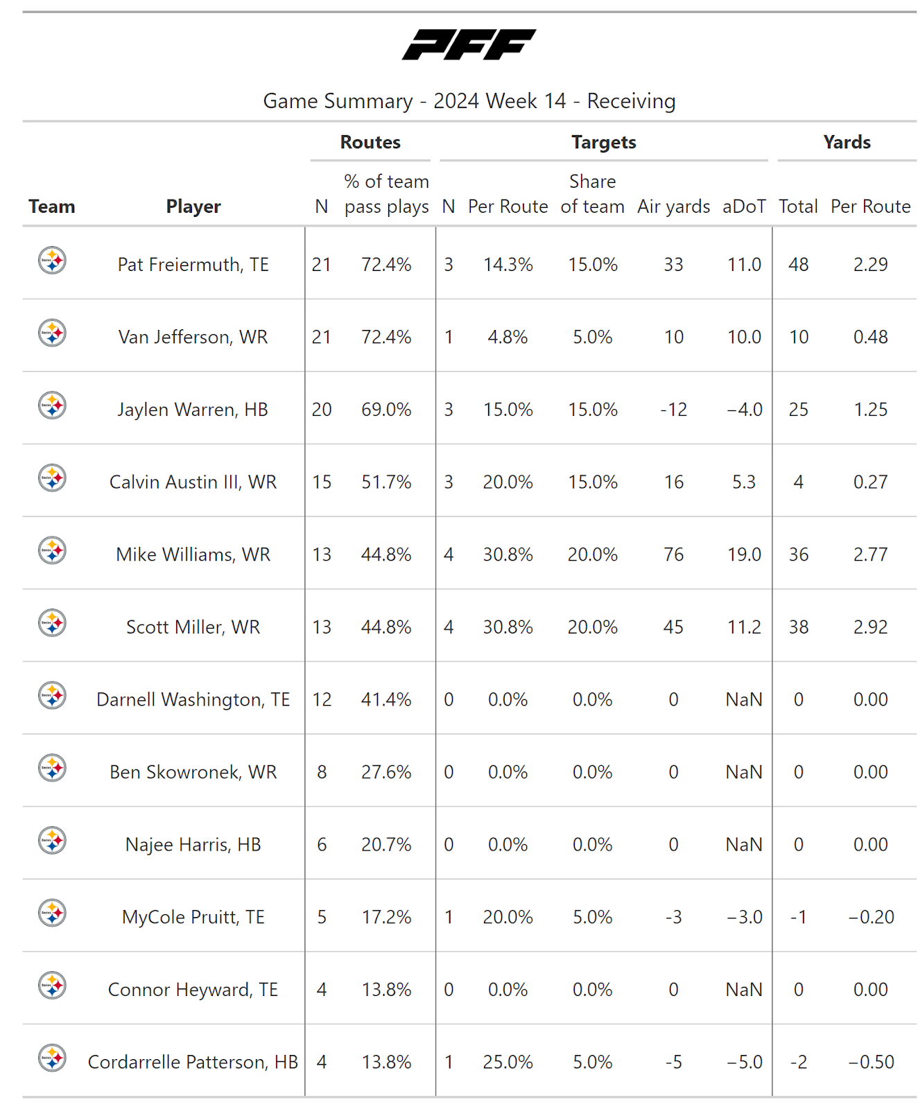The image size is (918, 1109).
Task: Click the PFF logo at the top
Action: point(469,44)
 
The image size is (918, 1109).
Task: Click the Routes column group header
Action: point(370,142)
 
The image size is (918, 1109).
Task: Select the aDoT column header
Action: point(744,207)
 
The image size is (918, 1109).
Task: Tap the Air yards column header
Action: point(673,207)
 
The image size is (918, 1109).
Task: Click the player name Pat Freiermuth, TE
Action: point(193,265)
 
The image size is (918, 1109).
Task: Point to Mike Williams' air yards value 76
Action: point(673,554)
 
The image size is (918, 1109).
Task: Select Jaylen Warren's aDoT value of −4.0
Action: point(744,410)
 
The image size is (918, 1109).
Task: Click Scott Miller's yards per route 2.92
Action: point(870,627)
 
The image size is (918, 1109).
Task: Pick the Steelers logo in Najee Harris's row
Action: point(52,841)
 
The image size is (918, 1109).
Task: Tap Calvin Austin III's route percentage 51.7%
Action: point(386,482)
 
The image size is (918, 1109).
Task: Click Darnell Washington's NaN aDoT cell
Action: point(744,700)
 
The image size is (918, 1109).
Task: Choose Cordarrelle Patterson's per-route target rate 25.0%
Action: point(508,1062)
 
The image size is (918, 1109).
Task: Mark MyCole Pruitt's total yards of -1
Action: point(798,917)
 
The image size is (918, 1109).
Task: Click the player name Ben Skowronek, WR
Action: point(193,772)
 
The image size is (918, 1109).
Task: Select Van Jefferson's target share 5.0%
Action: point(592,338)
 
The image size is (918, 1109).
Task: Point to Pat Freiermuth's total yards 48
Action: point(798,265)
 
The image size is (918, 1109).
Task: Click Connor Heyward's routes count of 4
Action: point(322,990)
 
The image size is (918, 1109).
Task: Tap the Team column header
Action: point(51,207)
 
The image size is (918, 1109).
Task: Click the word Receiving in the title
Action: point(631,101)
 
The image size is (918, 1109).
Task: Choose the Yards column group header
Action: point(847,142)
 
